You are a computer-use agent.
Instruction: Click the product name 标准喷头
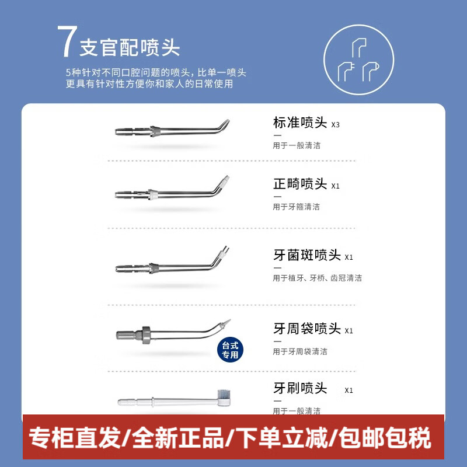click(x=299, y=123)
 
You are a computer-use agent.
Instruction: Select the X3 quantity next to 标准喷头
click(x=335, y=125)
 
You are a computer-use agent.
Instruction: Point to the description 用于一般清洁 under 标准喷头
click(x=297, y=145)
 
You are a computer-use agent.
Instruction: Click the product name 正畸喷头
click(x=299, y=184)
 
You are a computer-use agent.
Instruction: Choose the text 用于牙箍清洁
click(x=297, y=207)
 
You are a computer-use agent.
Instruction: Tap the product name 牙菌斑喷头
click(x=306, y=255)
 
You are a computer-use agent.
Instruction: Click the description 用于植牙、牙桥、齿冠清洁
click(x=318, y=278)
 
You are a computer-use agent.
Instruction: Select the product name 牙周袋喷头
click(x=306, y=329)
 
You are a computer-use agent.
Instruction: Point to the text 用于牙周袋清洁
click(x=300, y=351)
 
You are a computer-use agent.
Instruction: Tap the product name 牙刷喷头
click(x=300, y=388)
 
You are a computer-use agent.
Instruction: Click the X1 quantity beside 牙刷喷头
click(x=349, y=391)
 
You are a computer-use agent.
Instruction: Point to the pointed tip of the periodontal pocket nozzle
click(x=228, y=321)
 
